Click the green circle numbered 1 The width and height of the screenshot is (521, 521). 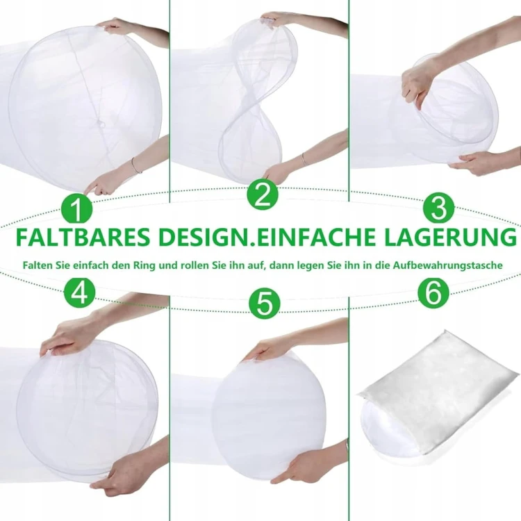pos(76,209)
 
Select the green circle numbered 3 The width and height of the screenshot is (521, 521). pos(438,208)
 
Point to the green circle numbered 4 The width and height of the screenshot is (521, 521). pos(80,292)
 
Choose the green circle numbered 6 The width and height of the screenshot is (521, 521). pos(433,293)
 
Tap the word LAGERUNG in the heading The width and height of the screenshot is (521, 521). pos(451,237)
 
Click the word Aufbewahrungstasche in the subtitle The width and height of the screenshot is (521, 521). pos(448,266)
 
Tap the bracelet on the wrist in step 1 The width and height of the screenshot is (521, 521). pos(136,165)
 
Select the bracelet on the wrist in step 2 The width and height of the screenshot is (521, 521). pos(304,160)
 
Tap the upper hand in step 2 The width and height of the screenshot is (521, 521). pos(276,19)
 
